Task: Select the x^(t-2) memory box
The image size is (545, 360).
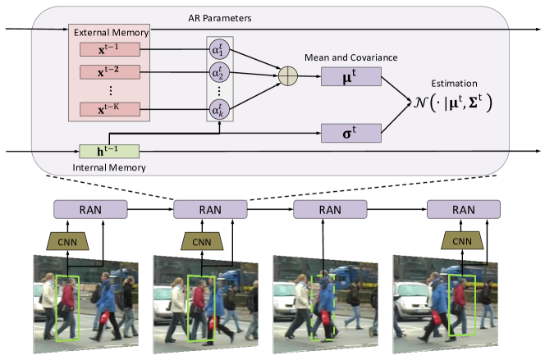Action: pos(109,71)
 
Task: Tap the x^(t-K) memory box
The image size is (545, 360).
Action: pos(109,107)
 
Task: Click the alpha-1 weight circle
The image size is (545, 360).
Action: pos(218,50)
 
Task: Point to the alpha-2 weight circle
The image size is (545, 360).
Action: pos(218,71)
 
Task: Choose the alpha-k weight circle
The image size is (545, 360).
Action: pos(218,107)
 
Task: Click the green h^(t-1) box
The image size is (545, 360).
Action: pos(109,151)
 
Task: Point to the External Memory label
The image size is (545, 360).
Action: pos(110,33)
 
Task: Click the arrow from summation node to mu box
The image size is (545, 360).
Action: pos(310,77)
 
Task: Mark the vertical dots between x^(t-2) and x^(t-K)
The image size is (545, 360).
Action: pos(109,89)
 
